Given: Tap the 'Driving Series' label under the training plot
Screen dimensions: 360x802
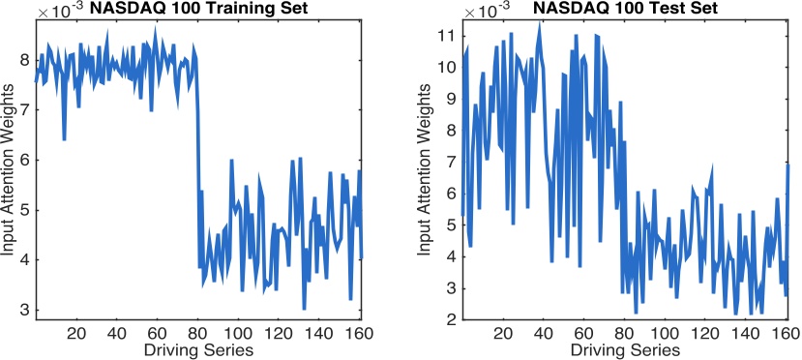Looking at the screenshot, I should pyautogui.click(x=198, y=348).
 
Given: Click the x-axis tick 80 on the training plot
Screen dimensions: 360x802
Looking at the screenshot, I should pyautogui.click(x=198, y=333).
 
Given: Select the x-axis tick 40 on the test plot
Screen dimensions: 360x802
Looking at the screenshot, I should pyautogui.click(x=545, y=333).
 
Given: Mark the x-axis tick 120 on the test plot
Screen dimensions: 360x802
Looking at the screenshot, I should pyautogui.click(x=707, y=333).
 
